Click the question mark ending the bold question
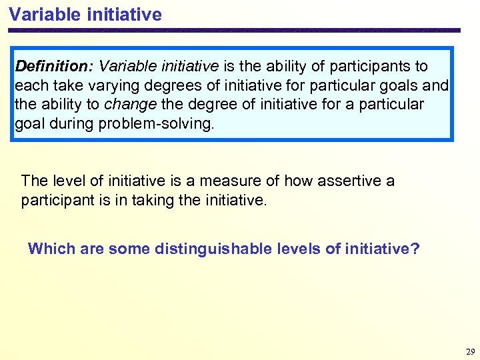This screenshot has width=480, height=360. pos(415,249)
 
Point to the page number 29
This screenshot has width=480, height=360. pos(470,351)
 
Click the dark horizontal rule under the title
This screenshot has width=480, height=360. pos(233,30)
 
